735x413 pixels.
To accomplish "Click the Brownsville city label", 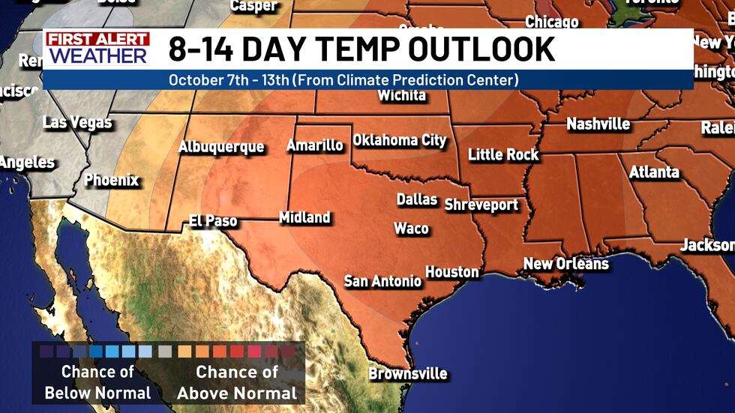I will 408,373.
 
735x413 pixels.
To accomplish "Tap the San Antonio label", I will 382,281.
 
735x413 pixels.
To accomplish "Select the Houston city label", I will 452,271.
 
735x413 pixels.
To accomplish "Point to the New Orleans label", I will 565,264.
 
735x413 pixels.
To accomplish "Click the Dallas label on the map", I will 417,199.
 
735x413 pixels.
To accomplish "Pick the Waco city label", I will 411,229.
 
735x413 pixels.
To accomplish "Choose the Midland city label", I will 304,217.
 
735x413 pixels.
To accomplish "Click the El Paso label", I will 213,221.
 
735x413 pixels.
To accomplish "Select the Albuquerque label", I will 220,147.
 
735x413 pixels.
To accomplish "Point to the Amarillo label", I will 315,145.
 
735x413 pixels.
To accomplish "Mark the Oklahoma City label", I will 399,140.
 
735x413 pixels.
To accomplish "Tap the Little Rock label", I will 503,154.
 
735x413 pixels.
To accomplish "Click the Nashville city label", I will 598,124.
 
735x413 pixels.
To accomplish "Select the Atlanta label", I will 654,172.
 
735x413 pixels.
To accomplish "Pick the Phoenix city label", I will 111,180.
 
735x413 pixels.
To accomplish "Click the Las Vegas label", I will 77,122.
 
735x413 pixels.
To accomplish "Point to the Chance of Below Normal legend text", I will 97,382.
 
